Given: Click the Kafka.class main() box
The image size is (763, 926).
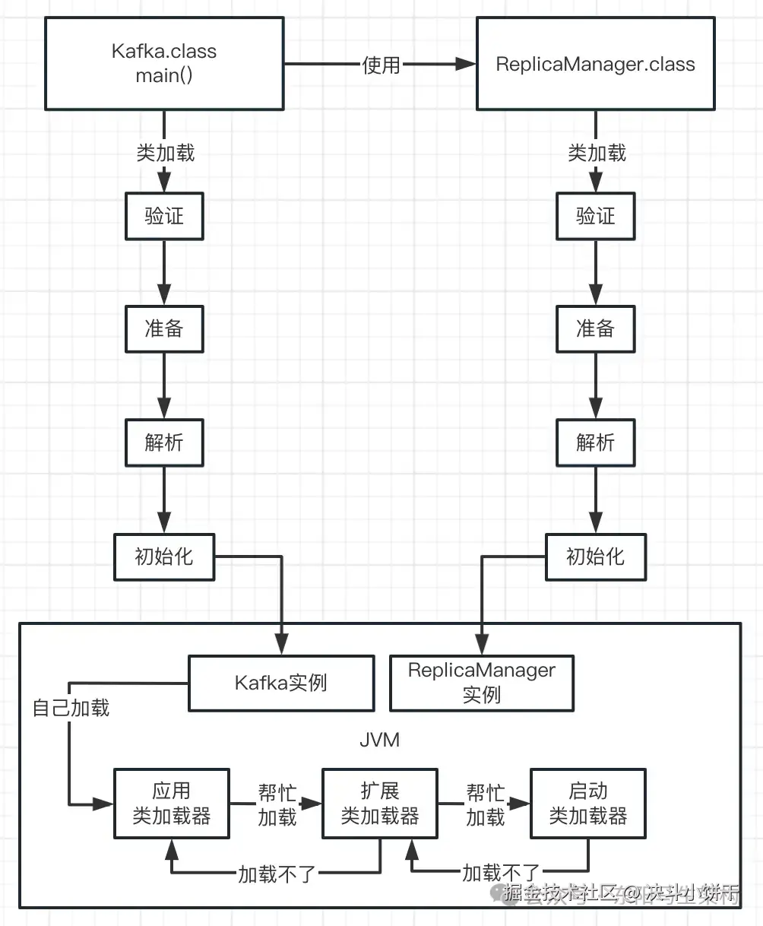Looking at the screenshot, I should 164,64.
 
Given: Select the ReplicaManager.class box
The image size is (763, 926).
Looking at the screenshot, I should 595,64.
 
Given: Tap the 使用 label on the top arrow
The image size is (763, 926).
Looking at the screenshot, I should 381,65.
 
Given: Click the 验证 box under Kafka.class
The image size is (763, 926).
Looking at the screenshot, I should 164,216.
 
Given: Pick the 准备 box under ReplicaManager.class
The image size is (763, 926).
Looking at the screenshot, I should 595,328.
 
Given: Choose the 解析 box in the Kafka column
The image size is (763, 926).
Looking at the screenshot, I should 164,442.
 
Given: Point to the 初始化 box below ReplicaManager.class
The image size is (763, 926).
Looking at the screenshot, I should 595,557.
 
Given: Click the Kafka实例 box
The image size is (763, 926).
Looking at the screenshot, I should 281,683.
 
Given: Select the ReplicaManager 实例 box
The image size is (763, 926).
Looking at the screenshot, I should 482,683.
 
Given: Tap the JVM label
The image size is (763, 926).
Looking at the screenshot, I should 379,740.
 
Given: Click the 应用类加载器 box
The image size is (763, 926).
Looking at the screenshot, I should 171,804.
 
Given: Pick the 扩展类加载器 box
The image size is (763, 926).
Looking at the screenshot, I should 379,804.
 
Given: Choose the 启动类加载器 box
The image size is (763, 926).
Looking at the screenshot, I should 587,804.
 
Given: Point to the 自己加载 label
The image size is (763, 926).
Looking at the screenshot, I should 71,708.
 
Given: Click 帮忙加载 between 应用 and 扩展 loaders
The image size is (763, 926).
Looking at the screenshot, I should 277,805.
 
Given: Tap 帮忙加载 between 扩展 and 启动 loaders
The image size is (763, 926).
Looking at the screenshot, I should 485,805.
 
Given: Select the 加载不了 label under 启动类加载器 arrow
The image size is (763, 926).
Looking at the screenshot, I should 501,872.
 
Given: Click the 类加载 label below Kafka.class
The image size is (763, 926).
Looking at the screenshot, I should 165,153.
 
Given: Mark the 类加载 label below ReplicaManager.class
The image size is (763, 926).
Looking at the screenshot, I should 597,153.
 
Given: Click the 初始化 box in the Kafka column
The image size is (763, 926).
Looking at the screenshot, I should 164,557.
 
